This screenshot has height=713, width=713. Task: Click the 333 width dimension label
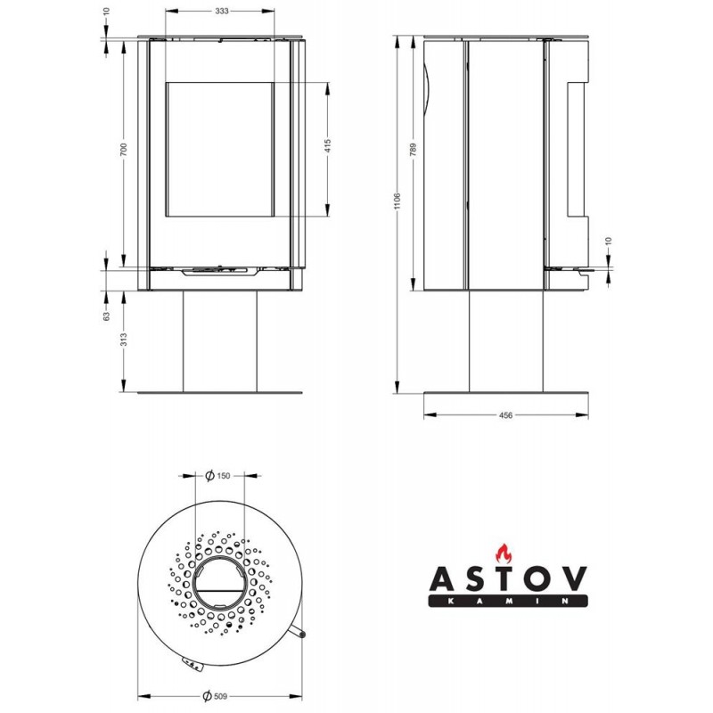[x=221, y=12]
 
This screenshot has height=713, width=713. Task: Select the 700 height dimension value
[x=124, y=150]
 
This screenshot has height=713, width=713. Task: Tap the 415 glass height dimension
[x=328, y=145]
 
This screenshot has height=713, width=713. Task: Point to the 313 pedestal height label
[x=124, y=340]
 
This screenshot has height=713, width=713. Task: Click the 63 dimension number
[x=106, y=316]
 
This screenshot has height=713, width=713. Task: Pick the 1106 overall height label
[x=397, y=201]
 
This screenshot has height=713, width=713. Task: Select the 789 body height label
[x=413, y=150]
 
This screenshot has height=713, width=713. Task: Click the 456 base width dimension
[x=505, y=415]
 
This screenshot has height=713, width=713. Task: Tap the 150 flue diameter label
[x=224, y=476]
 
